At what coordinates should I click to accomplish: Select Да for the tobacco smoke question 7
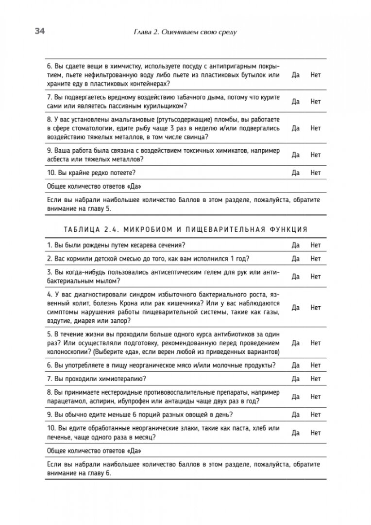295,102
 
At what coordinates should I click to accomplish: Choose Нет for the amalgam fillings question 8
316,128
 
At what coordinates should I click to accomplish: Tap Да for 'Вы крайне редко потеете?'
295,172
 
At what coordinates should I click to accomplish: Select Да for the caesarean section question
295,245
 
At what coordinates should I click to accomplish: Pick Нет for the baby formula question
316,259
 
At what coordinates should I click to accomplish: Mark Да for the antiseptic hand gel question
295,276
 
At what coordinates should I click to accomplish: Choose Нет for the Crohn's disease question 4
316,308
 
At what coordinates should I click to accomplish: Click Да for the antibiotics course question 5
295,343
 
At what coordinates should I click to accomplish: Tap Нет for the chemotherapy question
316,378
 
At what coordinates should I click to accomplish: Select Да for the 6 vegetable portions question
295,415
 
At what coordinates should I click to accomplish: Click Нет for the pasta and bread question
316,432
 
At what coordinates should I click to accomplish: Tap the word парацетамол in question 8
67,401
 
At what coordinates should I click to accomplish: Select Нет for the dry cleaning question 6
316,75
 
